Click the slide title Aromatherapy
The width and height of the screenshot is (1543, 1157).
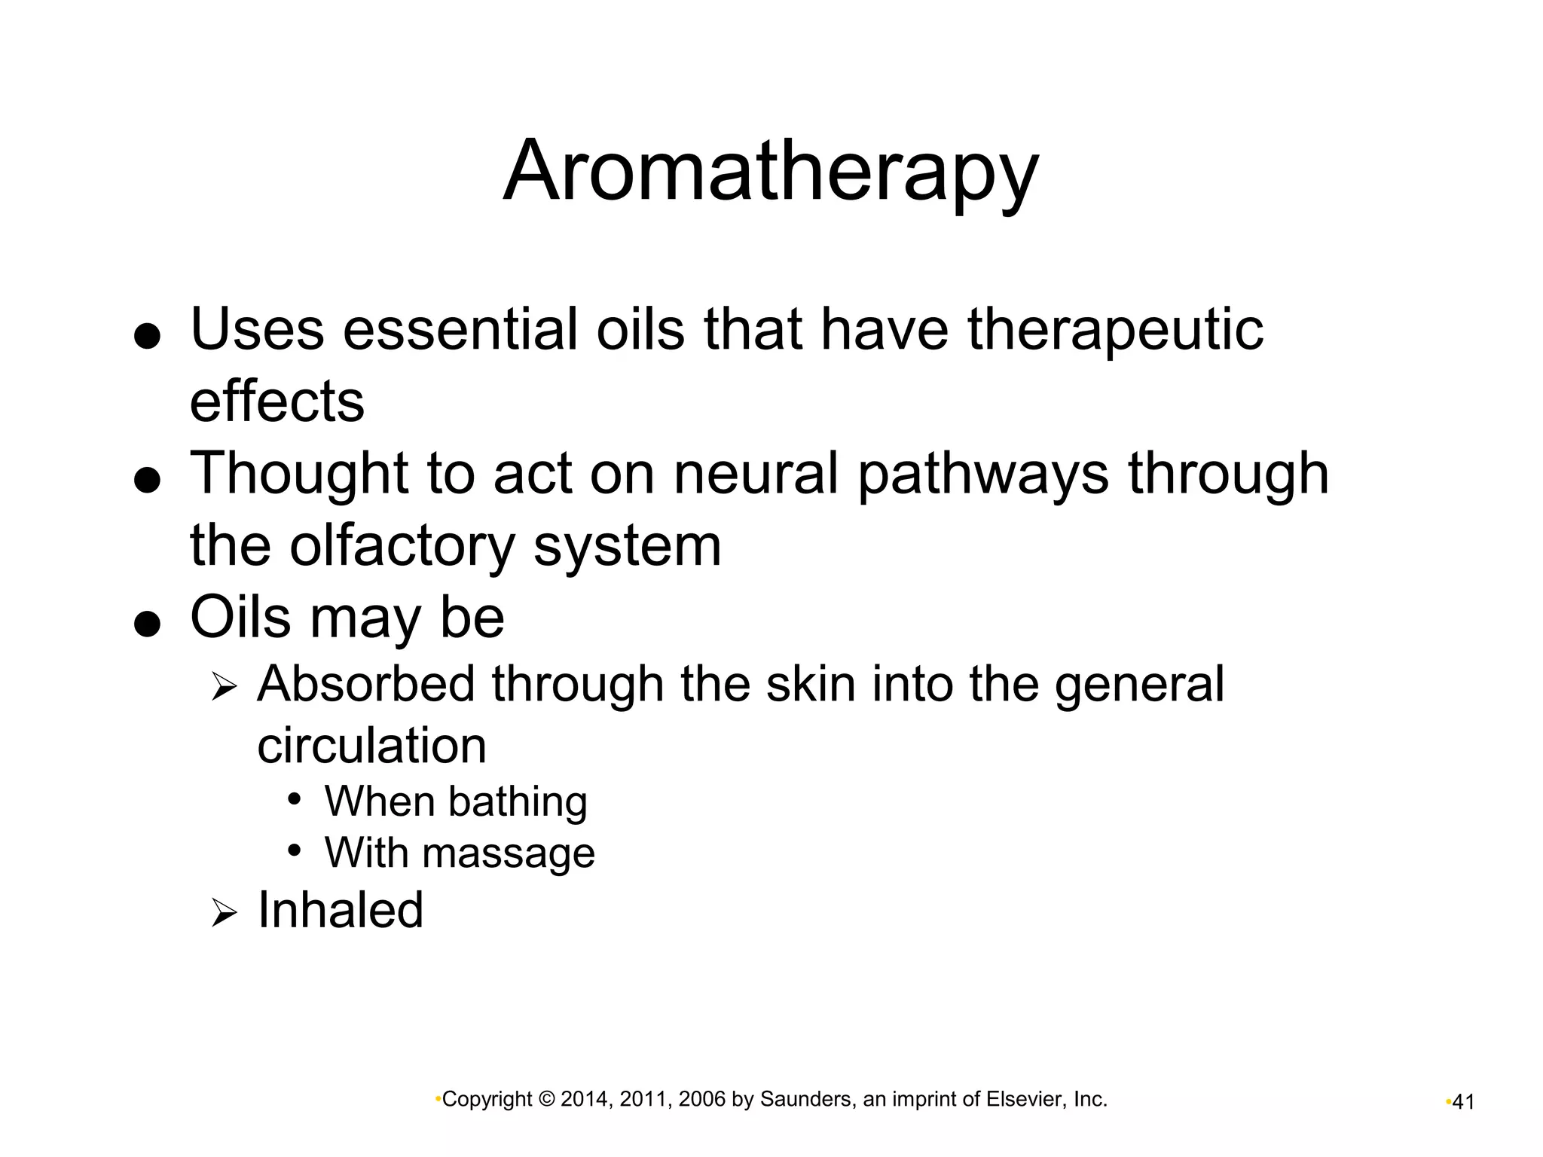pyautogui.click(x=770, y=172)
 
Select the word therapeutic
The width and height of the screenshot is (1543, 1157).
pyautogui.click(x=1115, y=329)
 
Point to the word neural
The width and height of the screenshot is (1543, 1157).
pyautogui.click(x=756, y=474)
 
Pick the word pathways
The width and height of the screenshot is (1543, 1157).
pyautogui.click(x=983, y=474)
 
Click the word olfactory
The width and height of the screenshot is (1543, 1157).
pyautogui.click(x=402, y=545)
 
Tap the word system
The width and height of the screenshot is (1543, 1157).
pyautogui.click(x=627, y=545)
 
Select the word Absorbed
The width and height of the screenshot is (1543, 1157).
pyautogui.click(x=366, y=684)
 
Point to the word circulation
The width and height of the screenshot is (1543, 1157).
pyautogui.click(x=371, y=746)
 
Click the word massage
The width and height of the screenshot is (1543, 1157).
pyautogui.click(x=509, y=853)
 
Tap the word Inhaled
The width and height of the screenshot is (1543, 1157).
pyautogui.click(x=341, y=910)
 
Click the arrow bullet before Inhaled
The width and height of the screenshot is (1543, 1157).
pyautogui.click(x=224, y=914)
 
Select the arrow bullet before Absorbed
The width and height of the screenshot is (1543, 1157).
pyautogui.click(x=224, y=687)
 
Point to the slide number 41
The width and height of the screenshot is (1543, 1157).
pyautogui.click(x=1462, y=1102)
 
